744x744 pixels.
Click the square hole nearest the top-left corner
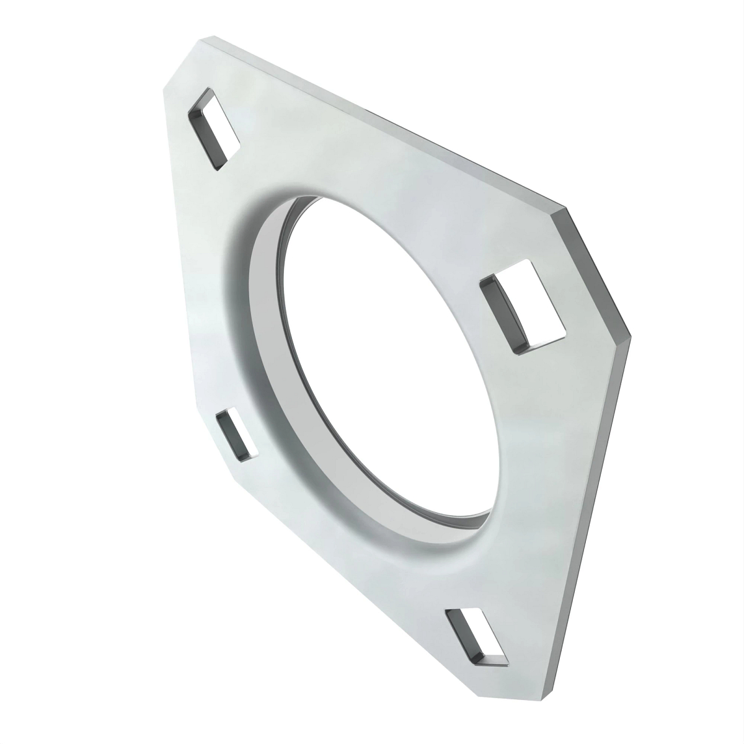pyautogui.click(x=214, y=130)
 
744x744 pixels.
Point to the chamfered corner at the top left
pyautogui.click(x=181, y=62)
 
